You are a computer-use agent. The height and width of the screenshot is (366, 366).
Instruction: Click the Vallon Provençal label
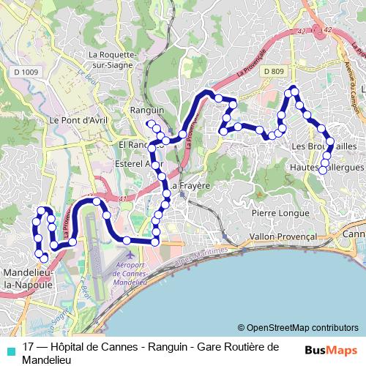tap(283, 237)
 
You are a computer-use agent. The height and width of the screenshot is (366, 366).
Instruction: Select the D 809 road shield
tap(274, 71)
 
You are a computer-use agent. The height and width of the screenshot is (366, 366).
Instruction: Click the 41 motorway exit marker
tap(122, 198)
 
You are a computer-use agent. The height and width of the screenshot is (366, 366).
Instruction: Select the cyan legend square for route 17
tap(9, 348)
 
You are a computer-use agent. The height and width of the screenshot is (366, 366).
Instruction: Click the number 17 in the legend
tap(29, 347)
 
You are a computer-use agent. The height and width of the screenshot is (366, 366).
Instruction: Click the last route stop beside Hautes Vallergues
tap(323, 171)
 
